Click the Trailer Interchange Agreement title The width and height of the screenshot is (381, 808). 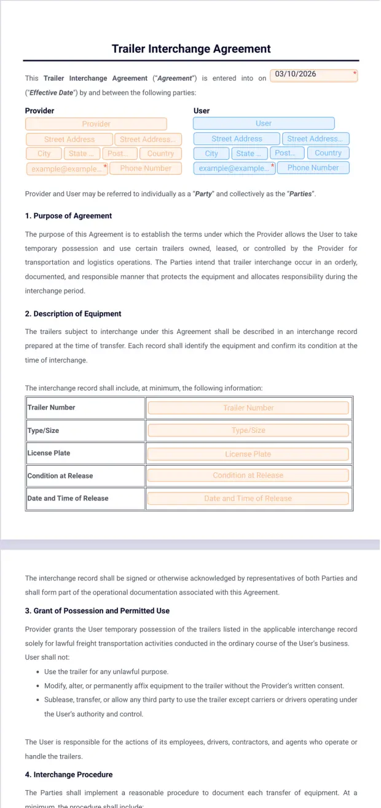click(x=191, y=49)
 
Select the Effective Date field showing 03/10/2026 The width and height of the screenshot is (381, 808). click(x=313, y=75)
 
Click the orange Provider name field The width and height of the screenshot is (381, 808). click(x=96, y=124)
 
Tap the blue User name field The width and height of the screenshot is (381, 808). click(x=264, y=124)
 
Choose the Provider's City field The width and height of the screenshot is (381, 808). click(x=44, y=154)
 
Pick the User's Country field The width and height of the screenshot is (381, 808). click(x=328, y=153)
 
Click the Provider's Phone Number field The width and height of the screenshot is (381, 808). click(x=146, y=168)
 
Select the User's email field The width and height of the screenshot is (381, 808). click(x=234, y=168)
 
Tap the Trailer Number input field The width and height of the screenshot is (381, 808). click(x=248, y=408)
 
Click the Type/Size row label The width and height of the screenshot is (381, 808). click(x=44, y=430)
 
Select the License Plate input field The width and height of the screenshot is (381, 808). click(x=248, y=454)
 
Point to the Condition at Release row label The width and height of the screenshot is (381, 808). click(x=60, y=476)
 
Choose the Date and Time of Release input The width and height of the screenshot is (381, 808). click(x=248, y=498)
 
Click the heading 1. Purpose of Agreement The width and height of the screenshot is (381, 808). click(x=68, y=216)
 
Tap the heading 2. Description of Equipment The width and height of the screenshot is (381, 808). click(x=73, y=314)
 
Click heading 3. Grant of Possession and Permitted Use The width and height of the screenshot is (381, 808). click(x=97, y=611)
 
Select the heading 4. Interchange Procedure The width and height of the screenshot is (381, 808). click(x=69, y=774)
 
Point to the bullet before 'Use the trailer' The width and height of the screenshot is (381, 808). click(x=38, y=672)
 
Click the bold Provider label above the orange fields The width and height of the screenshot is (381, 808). click(x=39, y=111)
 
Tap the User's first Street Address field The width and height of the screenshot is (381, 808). click(x=237, y=139)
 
